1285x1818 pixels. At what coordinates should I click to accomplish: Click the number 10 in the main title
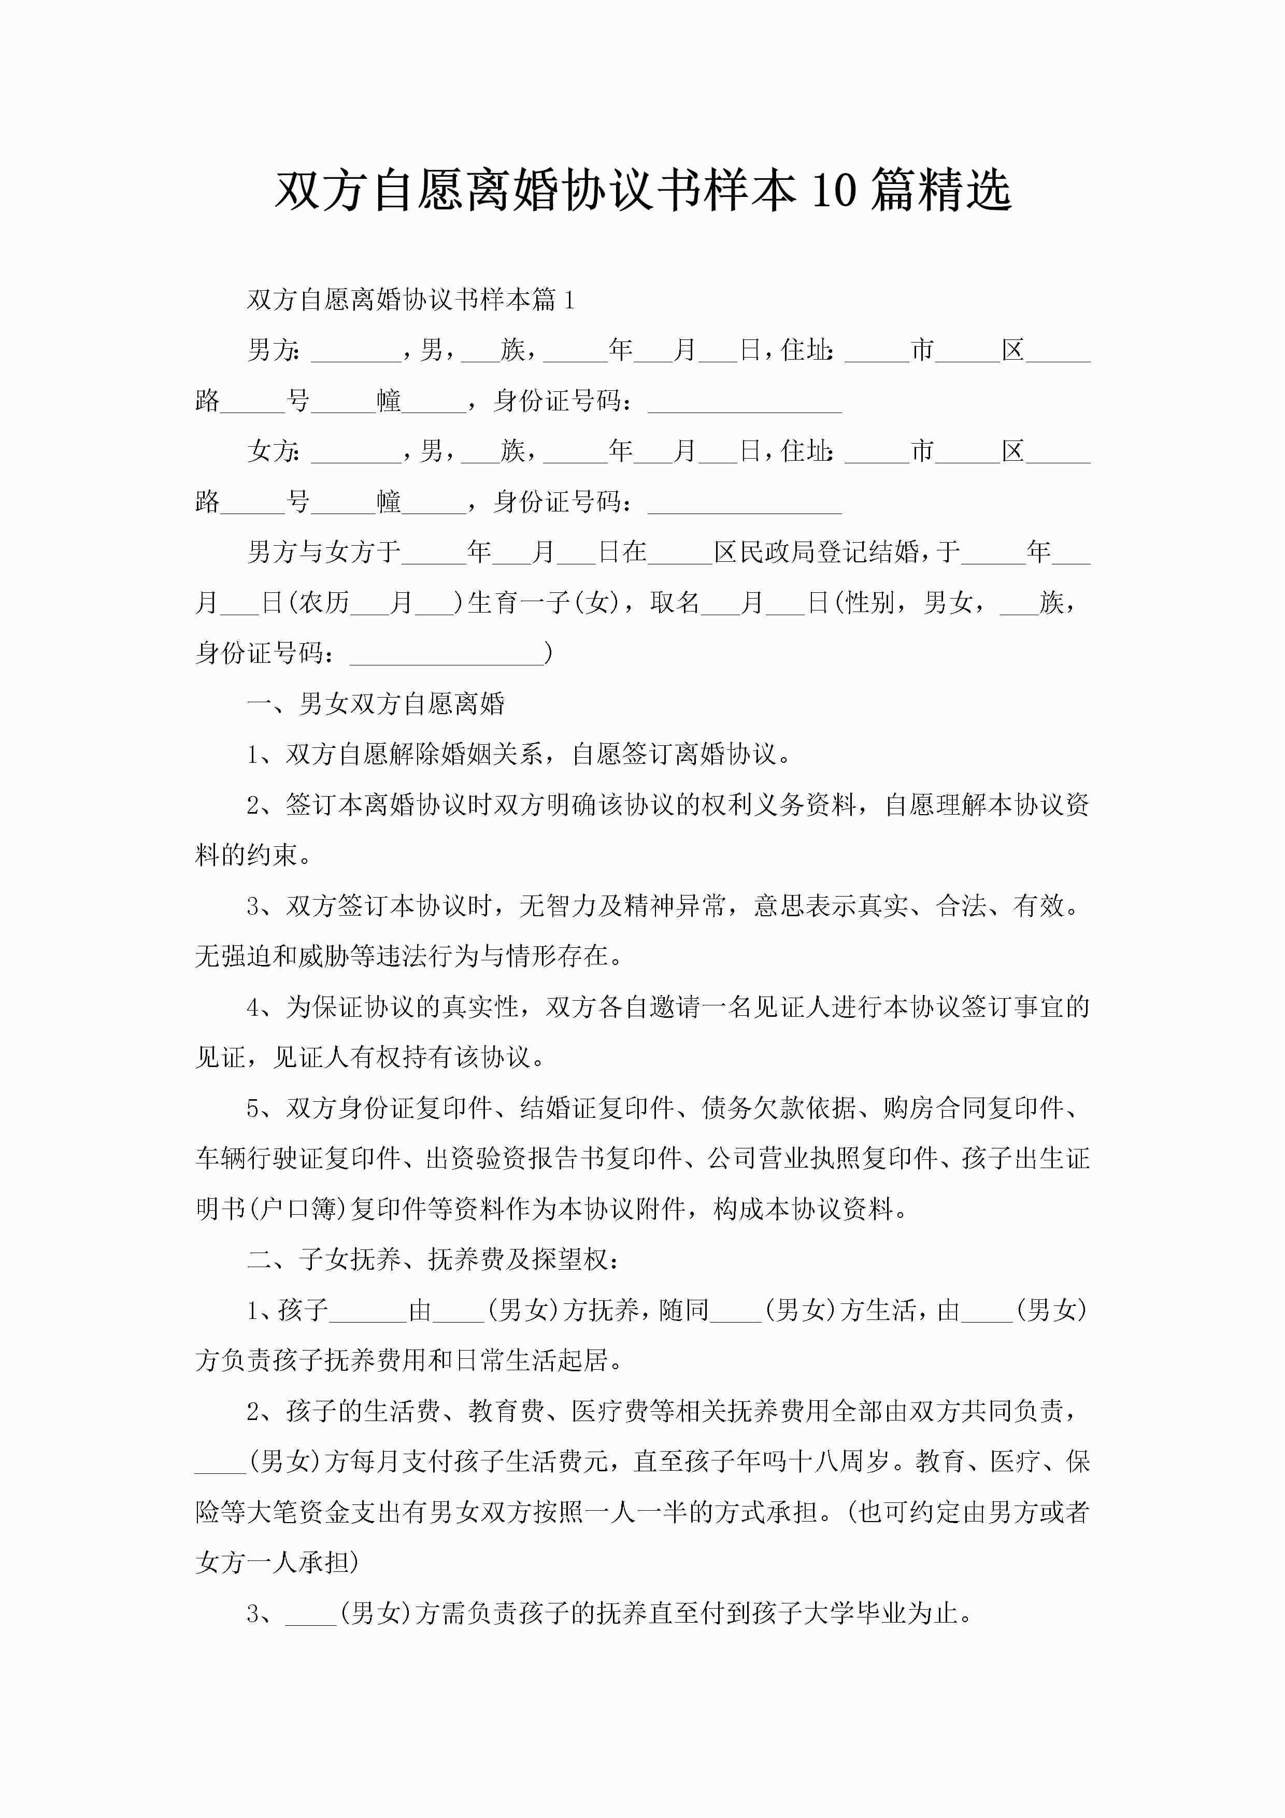tap(834, 190)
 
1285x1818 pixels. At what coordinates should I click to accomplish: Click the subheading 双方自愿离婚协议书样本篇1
tap(410, 300)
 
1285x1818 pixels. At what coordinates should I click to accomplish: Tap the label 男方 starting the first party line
tap(273, 349)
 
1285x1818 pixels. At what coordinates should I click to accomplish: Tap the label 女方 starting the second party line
tap(273, 450)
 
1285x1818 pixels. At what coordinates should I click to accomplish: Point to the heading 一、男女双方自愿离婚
tap(376, 703)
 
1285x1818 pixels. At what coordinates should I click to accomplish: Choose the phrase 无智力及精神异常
tap(622, 905)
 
